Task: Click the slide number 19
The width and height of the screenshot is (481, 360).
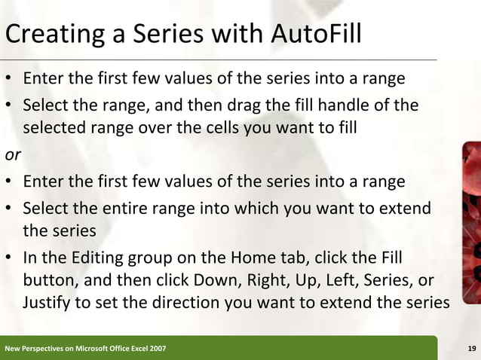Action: pos(471,348)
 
